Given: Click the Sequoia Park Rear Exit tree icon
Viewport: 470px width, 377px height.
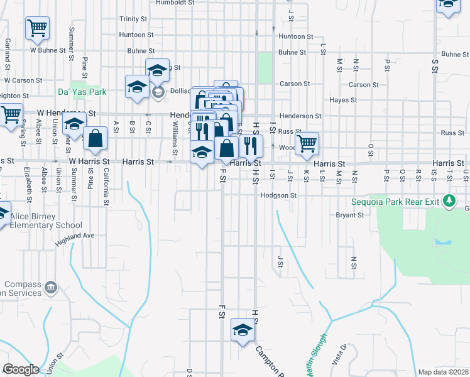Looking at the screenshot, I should (x=449, y=201).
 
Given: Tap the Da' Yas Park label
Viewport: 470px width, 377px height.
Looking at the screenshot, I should (x=82, y=92).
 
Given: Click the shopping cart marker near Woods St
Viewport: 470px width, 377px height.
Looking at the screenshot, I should (x=307, y=143).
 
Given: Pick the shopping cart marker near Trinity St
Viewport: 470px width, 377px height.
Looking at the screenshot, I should (x=37, y=28).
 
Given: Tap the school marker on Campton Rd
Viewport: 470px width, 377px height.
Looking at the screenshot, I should (x=243, y=330).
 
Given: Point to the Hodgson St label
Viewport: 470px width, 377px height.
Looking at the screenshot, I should (x=279, y=195).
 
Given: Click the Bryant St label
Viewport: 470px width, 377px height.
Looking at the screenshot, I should (x=350, y=215).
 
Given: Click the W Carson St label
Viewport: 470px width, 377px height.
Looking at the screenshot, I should (x=23, y=80).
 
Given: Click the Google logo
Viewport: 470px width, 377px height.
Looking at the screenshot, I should (x=21, y=369).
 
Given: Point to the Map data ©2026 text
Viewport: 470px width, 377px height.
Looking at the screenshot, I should (x=444, y=372).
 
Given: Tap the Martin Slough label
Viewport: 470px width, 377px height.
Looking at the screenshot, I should (x=315, y=356).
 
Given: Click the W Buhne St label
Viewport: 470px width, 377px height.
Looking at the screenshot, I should (x=48, y=50).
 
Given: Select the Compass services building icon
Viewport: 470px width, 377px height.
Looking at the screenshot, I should (x=50, y=288).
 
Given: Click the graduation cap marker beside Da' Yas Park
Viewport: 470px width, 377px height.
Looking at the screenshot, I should (x=136, y=87).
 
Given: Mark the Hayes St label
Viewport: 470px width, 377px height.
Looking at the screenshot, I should (x=344, y=100).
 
